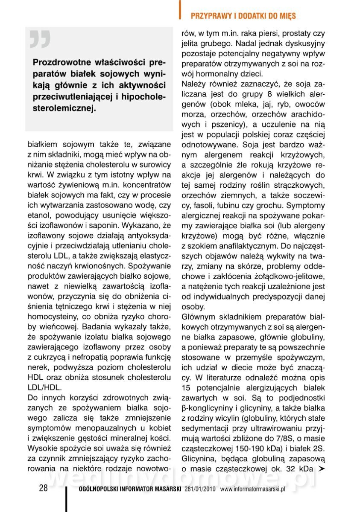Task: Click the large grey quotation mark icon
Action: coord(40,39)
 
